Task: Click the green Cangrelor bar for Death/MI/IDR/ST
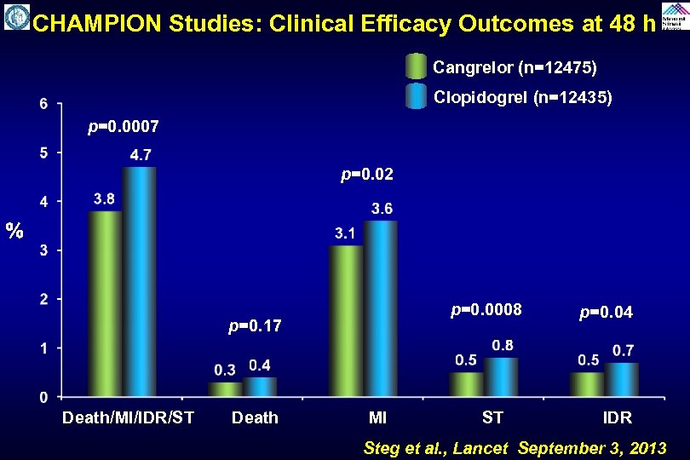click(106, 303)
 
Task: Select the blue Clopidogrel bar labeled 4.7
click(140, 281)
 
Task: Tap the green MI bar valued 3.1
click(347, 320)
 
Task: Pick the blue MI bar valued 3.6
click(381, 308)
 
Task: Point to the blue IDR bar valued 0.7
click(622, 379)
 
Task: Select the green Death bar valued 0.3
click(226, 388)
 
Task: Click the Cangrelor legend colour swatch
click(416, 66)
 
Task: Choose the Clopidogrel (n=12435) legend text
click(522, 98)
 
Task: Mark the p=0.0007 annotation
click(124, 127)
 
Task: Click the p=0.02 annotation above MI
click(367, 175)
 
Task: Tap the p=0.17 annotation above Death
click(255, 325)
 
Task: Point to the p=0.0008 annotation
click(486, 308)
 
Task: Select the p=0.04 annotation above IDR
click(606, 313)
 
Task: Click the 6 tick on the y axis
click(43, 104)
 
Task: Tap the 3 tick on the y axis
click(43, 250)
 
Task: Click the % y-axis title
click(14, 230)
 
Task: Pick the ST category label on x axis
click(492, 417)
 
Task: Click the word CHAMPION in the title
click(96, 24)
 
